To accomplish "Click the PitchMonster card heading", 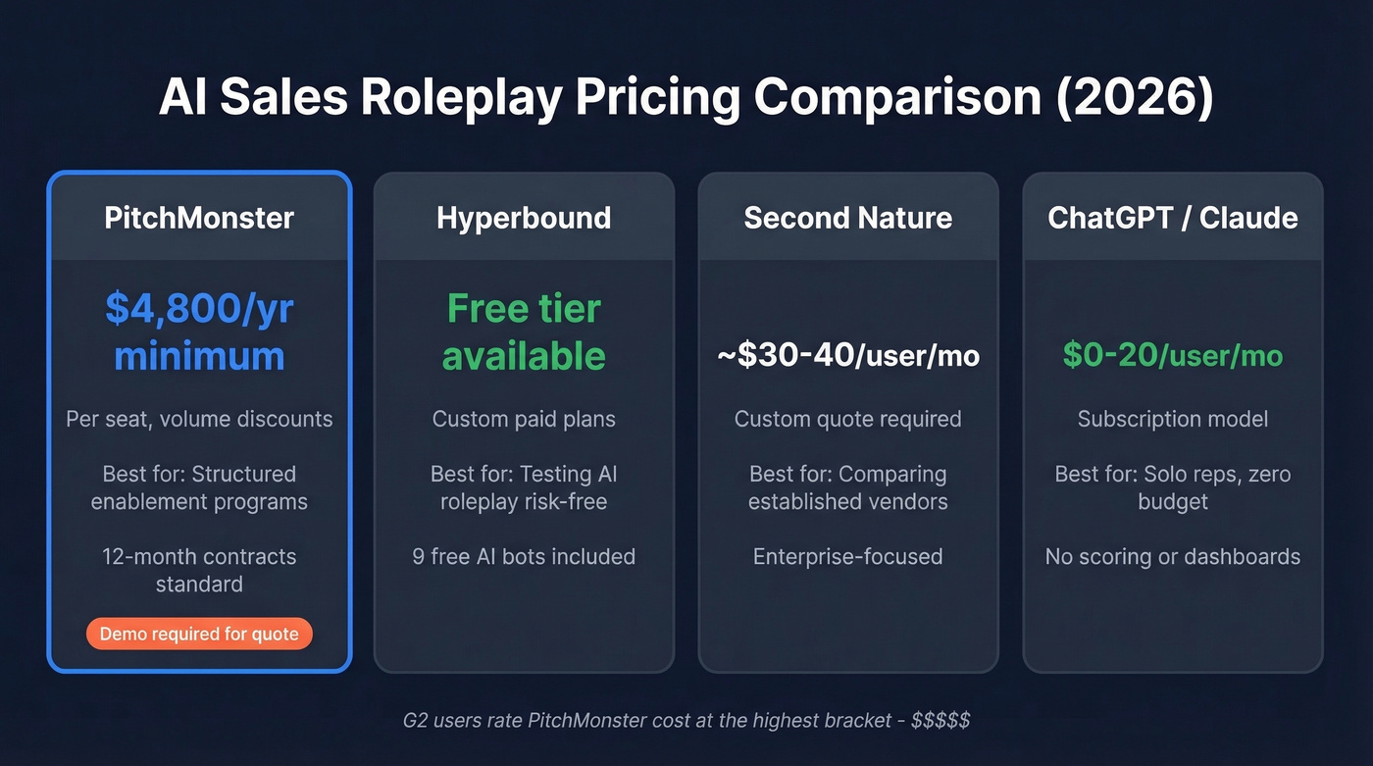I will click(199, 218).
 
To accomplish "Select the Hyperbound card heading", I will click(524, 218).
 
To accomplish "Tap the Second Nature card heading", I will click(847, 218).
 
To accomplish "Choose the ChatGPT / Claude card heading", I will click(1173, 218).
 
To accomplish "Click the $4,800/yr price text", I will click(199, 309).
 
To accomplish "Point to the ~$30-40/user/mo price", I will click(847, 355).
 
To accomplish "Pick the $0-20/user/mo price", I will click(1173, 355).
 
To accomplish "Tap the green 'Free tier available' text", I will click(524, 332).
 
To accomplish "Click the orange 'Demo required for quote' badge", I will click(199, 634).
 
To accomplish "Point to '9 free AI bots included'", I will click(524, 556).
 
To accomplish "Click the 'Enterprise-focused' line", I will click(847, 556).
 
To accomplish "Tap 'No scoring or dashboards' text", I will click(1173, 556).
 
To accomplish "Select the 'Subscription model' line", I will click(1173, 419).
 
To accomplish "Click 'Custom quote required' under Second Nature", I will click(847, 419).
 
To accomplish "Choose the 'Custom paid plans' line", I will click(524, 419).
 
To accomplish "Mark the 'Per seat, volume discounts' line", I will click(199, 419).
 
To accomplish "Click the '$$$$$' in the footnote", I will click(941, 721).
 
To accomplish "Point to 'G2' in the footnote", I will click(416, 721).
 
